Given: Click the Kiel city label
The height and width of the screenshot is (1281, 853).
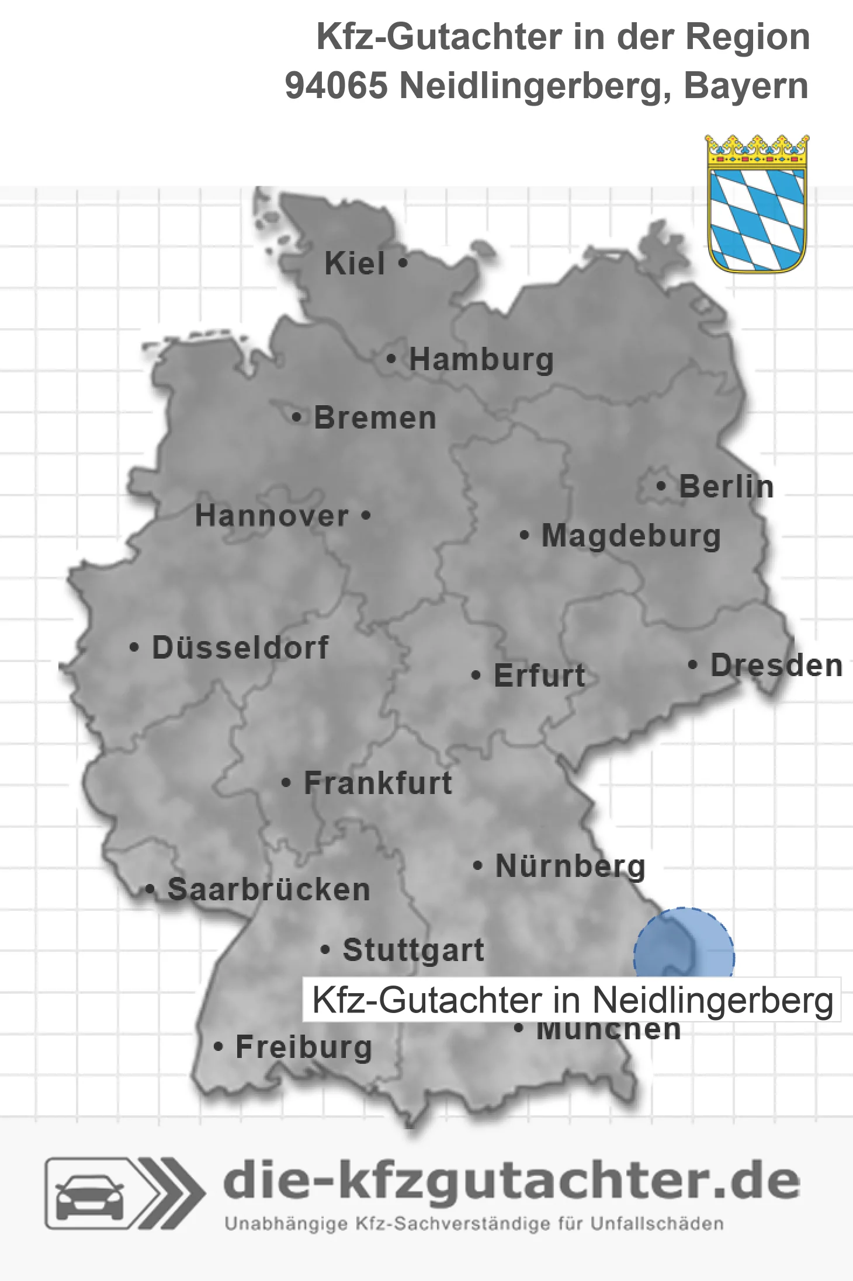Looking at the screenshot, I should pos(355,263).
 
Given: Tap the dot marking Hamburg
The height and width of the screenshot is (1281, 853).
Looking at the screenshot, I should pos(391,358).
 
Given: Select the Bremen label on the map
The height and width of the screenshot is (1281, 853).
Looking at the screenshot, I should pos(375,418).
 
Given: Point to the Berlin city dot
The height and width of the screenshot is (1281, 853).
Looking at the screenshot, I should pos(661,486).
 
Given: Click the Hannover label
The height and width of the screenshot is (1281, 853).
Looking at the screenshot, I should pos(272,516).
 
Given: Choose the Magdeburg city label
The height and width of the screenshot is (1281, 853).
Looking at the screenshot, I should pos(631,535).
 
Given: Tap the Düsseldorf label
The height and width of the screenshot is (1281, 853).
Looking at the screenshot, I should pos(240,648).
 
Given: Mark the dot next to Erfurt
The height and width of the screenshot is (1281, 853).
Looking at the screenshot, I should pos(476,676).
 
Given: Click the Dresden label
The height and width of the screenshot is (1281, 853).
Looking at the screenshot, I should pos(776,665).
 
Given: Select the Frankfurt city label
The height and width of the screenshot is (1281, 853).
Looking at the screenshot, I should pos(378,783).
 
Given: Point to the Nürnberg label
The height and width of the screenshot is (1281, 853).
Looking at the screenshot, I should pos(570,866).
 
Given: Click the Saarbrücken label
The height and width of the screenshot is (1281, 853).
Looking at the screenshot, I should pos(269,890).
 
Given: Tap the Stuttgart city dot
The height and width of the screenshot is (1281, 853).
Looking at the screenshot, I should pos(325,950).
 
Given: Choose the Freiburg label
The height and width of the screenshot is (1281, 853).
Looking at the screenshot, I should pos(304,1047).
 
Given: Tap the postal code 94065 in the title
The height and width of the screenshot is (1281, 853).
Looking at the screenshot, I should pos(337,86).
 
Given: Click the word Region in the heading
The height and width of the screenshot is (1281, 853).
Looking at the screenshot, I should pos(747,37).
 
